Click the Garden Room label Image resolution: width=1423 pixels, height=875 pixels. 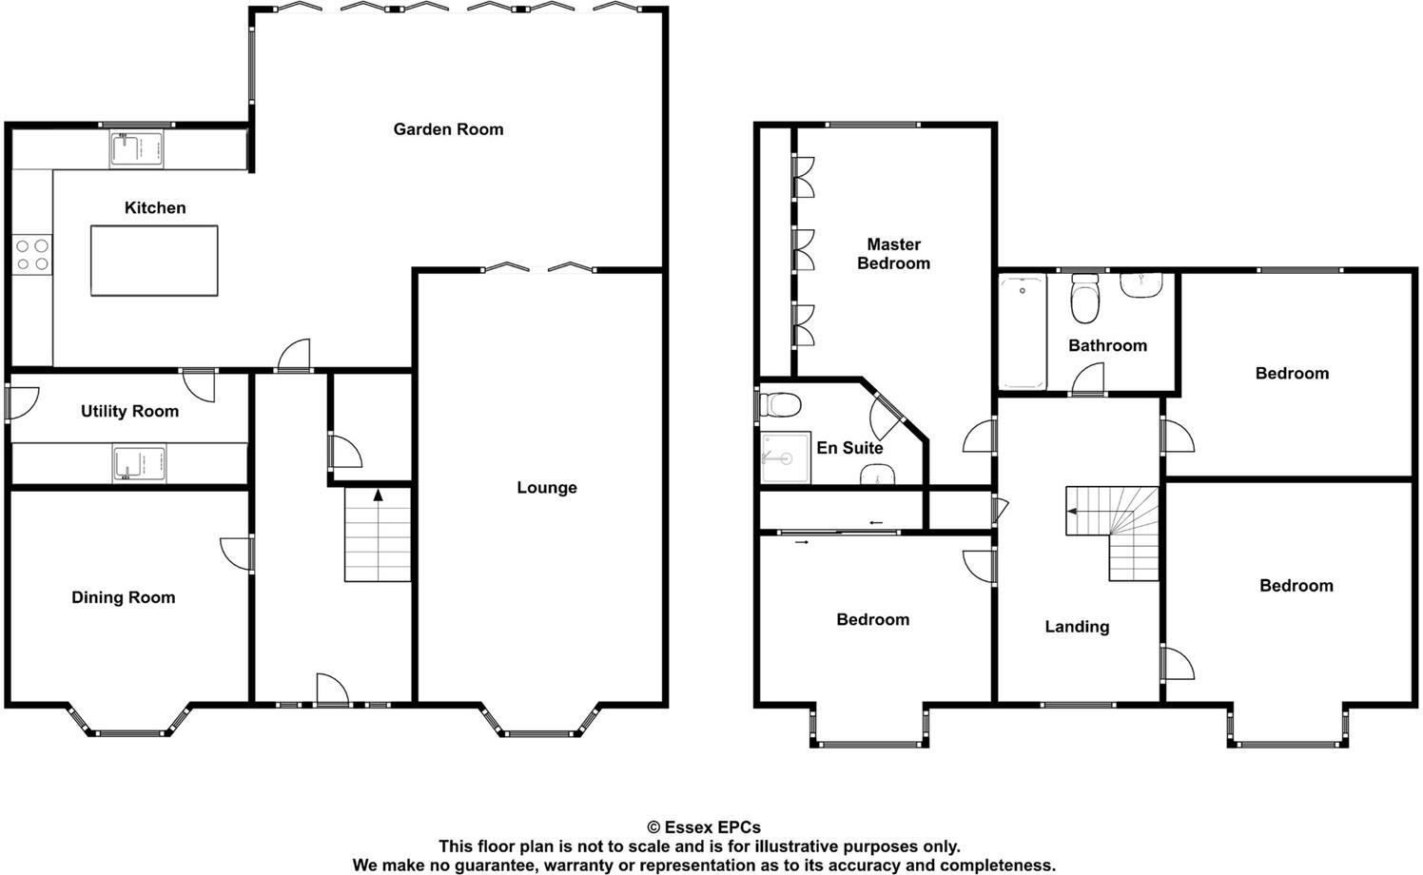[x=448, y=129]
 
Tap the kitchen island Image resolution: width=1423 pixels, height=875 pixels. [x=154, y=261]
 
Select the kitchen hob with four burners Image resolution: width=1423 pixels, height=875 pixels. [x=31, y=254]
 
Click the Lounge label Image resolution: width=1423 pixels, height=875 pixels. [x=547, y=488]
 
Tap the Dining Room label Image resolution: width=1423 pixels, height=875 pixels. [x=124, y=597]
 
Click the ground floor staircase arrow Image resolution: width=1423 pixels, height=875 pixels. [x=378, y=496]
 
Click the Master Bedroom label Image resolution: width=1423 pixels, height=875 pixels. [x=893, y=254]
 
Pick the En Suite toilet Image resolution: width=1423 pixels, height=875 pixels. [x=782, y=405]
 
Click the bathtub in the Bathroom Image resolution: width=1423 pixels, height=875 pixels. [x=1023, y=330]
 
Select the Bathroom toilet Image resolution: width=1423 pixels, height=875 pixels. [x=1084, y=298]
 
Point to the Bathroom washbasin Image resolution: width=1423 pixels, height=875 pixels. [x=1141, y=284]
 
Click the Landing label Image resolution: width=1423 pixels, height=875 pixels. [x=1077, y=627]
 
